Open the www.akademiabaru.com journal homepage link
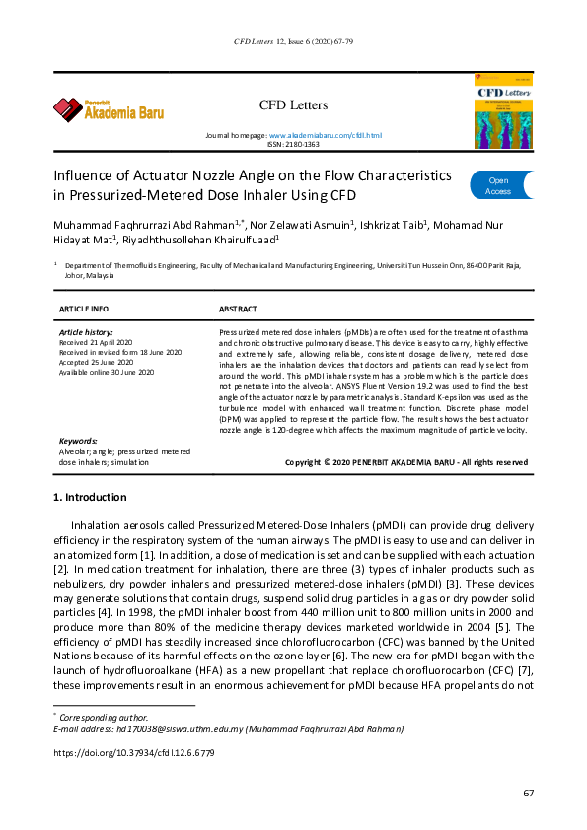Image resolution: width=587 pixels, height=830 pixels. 325,134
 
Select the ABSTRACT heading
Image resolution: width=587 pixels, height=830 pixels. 238,309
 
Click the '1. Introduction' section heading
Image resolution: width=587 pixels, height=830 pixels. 90,498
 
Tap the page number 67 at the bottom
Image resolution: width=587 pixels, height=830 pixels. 528,794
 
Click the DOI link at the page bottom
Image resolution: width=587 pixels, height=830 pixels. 133,752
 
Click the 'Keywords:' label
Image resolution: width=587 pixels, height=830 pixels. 79,441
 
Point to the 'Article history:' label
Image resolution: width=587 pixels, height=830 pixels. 86,333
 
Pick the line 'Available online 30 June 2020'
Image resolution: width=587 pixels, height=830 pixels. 107,372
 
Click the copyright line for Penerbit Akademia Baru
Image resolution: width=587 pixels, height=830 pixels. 405,461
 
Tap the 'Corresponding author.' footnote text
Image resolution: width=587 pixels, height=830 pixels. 104,717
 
